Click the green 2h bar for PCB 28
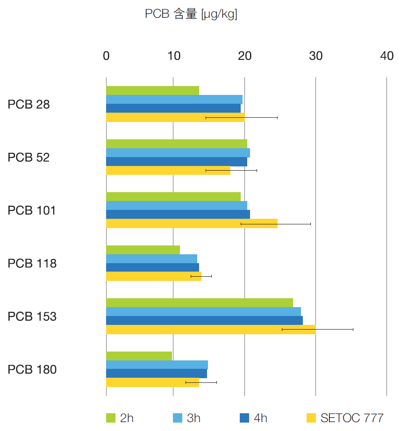pos(152,91)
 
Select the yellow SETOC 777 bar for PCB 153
pos(210,330)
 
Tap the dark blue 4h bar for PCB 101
pos(178,215)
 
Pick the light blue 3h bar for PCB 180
pos(157,365)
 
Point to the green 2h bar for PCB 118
pos(143,250)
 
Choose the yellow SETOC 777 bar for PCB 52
pos(168,171)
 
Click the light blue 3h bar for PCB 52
pos(178,153)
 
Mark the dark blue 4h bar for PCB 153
pos(204,321)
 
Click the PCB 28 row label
pos(29,105)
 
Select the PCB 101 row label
pos(31,211)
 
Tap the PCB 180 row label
pos(32,370)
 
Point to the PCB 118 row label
pos(32,264)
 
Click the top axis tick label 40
pos(387,56)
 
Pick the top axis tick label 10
pos(173,56)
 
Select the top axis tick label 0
pos(106,56)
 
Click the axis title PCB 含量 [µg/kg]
pos(191,14)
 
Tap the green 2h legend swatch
pos(111,418)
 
